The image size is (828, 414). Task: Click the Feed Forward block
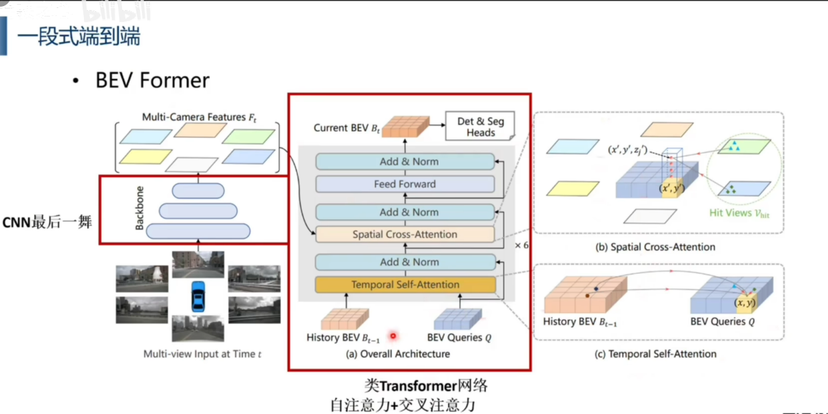(x=405, y=184)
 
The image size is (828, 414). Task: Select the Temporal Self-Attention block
(x=405, y=285)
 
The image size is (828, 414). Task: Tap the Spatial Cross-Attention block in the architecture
(x=405, y=234)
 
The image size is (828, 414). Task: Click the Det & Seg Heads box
(x=480, y=126)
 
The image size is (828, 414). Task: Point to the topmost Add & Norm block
(x=405, y=162)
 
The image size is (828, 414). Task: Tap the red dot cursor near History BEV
(x=393, y=336)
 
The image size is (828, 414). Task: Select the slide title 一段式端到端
(x=79, y=36)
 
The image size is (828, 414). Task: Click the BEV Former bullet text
(x=152, y=81)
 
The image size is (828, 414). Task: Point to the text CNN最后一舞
(x=47, y=222)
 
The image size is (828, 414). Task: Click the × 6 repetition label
(x=522, y=245)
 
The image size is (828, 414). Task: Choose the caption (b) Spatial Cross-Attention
(x=656, y=247)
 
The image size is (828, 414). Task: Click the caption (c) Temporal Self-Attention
(x=655, y=354)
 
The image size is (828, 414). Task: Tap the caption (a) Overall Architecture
(x=397, y=354)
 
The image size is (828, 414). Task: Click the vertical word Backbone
(x=139, y=208)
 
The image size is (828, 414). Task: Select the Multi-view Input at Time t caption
(x=203, y=354)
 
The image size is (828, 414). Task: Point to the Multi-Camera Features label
(x=199, y=117)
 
